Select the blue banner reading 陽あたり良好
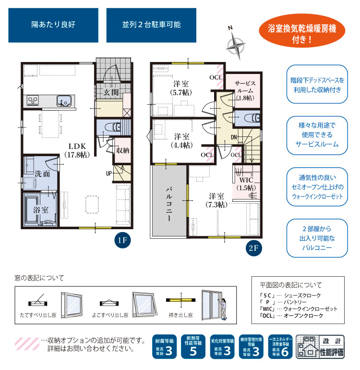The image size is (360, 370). coord(53,25)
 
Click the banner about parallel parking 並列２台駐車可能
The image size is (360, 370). coord(151,25)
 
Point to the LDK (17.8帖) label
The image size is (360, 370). coord(77,150)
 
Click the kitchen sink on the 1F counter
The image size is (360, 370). coord(64,100)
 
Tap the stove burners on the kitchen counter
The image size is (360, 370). coord(33,100)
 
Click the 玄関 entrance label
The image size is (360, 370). coord(111,92)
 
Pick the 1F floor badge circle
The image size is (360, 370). coord(122,240)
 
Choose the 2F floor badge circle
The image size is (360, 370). coord(253,248)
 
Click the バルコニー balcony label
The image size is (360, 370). coord(169,204)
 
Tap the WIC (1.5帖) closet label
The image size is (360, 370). coord(246,184)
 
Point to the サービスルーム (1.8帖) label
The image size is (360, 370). coord(245,91)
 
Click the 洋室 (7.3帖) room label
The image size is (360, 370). coord(216,200)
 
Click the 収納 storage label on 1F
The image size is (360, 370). coord(122,150)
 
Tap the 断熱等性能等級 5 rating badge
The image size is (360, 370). coord(193,346)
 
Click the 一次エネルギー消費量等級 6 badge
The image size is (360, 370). coord(280,346)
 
